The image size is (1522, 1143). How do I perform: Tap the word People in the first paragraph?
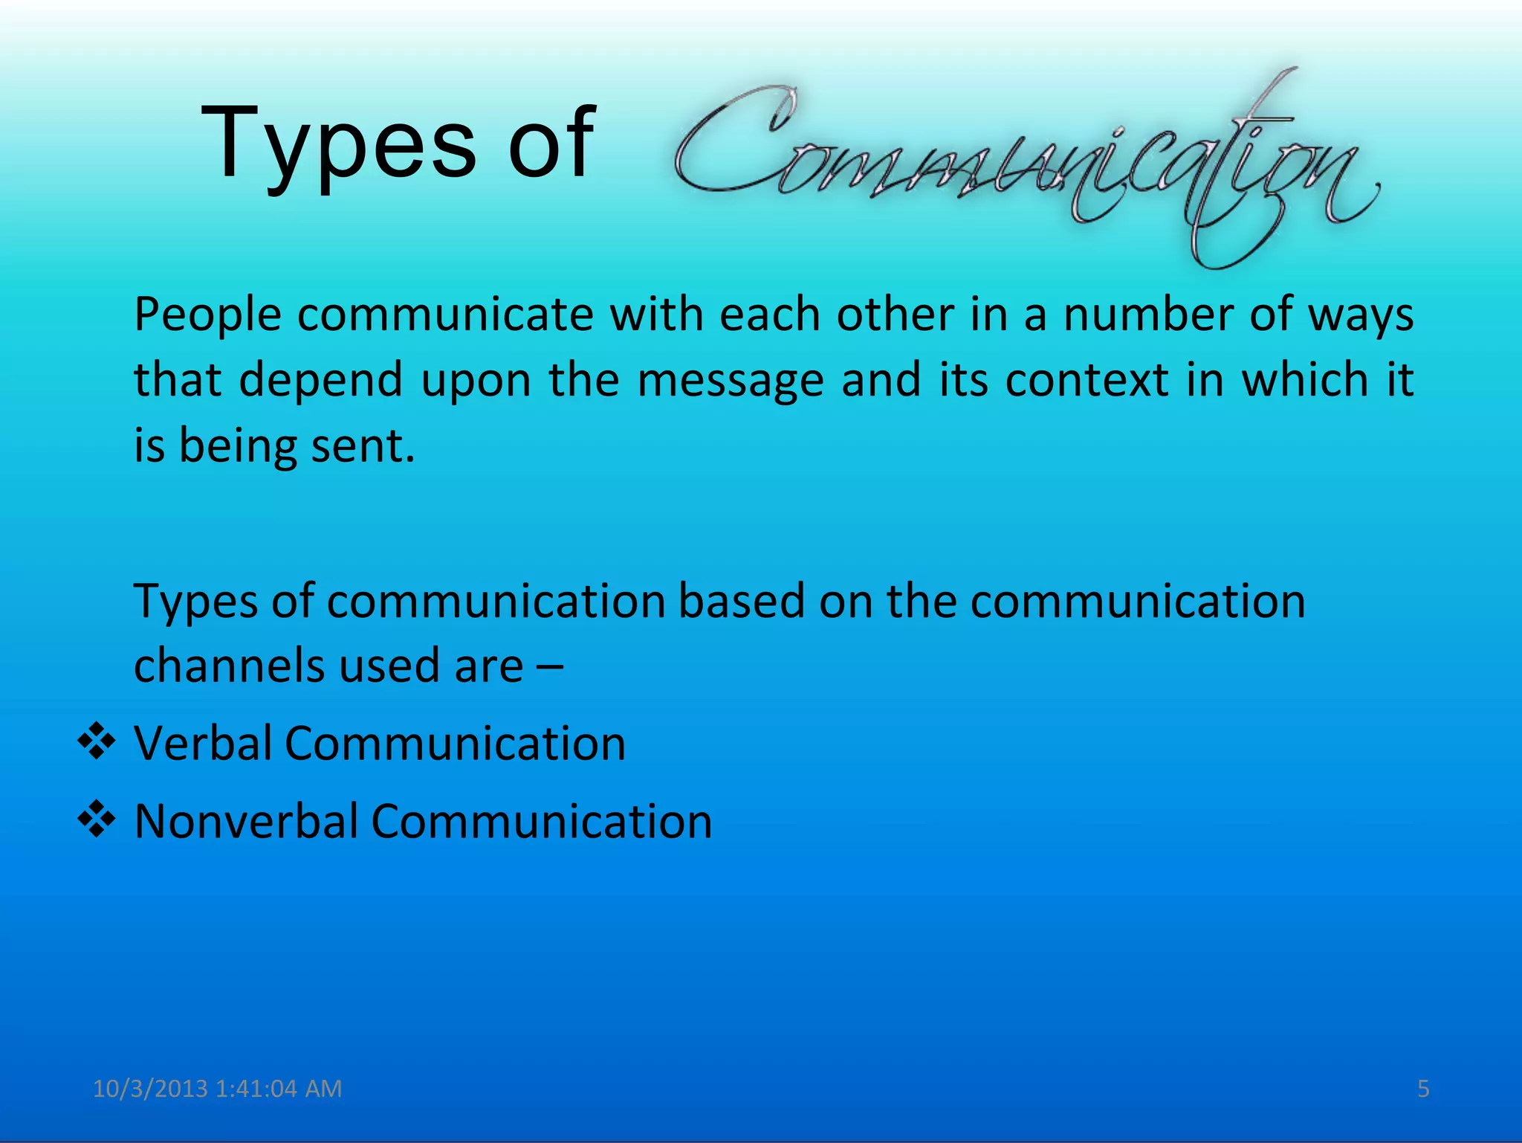[207, 315]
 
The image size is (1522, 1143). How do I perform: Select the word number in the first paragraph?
[1147, 314]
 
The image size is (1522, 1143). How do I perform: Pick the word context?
[1087, 380]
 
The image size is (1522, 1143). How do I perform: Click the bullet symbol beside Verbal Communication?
[97, 742]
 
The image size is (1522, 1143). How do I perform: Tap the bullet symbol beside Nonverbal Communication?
[97, 820]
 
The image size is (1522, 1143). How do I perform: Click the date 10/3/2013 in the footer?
[150, 1089]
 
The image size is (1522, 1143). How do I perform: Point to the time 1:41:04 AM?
[279, 1089]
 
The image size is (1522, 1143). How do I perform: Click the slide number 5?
[1423, 1089]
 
